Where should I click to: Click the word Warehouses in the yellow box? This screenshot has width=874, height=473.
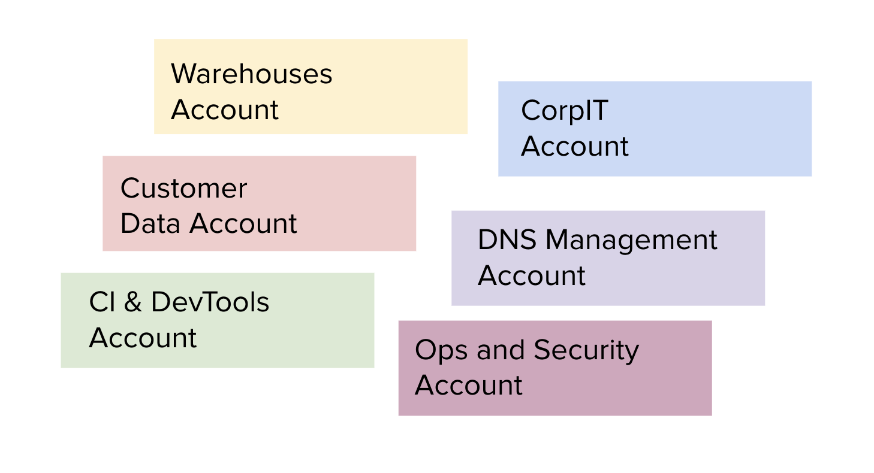pos(251,74)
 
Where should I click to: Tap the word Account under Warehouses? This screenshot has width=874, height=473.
pos(225,110)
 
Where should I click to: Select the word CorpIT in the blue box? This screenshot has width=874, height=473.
pos(564,111)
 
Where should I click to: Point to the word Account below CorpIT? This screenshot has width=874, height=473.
pos(574,147)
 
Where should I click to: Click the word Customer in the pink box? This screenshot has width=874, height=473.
pos(183,189)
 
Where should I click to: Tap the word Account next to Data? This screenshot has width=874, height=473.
pos(243,224)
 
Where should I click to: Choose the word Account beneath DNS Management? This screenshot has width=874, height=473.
pos(531,276)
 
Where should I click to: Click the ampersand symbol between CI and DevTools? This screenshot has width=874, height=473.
pos(133,302)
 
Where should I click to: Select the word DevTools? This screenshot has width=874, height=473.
pos(210,302)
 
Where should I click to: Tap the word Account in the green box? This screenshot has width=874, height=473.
pos(143,338)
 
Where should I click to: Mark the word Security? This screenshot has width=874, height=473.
pos(586,351)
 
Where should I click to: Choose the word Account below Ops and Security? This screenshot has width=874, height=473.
pos(468,385)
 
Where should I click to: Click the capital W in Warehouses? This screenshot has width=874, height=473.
pos(184,74)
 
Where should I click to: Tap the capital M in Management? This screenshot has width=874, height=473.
pos(559,240)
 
